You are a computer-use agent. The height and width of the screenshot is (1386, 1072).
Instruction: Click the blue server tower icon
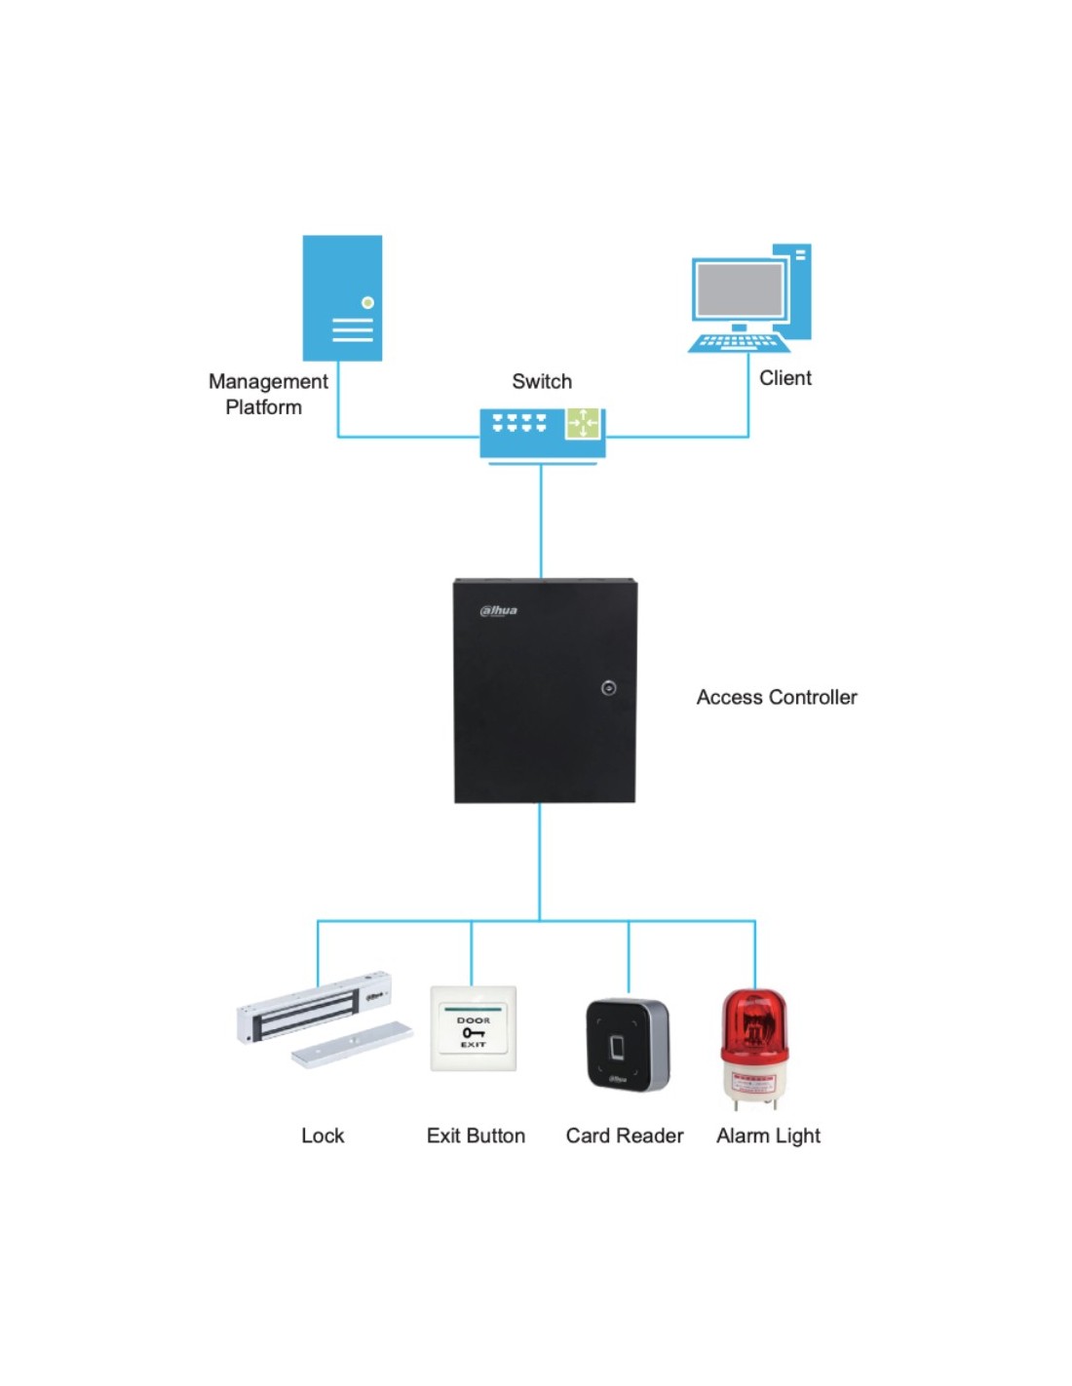pyautogui.click(x=342, y=297)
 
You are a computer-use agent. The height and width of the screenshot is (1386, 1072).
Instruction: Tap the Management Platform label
pyautogui.click(x=267, y=394)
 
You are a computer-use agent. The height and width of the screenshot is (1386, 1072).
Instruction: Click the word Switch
pyautogui.click(x=542, y=381)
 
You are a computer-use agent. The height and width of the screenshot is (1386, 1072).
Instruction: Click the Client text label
pyautogui.click(x=785, y=378)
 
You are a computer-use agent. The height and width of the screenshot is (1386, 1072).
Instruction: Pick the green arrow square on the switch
pyautogui.click(x=583, y=423)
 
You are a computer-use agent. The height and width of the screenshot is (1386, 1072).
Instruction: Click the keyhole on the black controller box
pyautogui.click(x=608, y=688)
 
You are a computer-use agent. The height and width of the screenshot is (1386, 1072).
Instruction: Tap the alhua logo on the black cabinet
pyautogui.click(x=498, y=611)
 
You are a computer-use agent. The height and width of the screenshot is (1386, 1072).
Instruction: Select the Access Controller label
pyautogui.click(x=777, y=697)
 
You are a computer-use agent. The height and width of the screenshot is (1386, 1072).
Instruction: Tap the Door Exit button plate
pyautogui.click(x=474, y=1029)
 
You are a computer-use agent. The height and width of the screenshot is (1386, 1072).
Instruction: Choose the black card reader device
pyautogui.click(x=627, y=1045)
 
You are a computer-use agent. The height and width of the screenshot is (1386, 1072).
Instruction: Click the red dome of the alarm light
pyautogui.click(x=753, y=1023)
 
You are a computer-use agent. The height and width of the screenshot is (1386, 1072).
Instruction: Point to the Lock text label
pyautogui.click(x=323, y=1136)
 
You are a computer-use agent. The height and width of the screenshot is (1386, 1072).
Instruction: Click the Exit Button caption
pyautogui.click(x=476, y=1136)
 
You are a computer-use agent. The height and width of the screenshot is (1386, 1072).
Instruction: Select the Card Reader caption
pyautogui.click(x=625, y=1136)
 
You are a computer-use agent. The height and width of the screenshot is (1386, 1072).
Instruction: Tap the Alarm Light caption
pyautogui.click(x=768, y=1136)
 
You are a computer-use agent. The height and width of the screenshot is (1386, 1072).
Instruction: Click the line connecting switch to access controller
pyautogui.click(x=541, y=521)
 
